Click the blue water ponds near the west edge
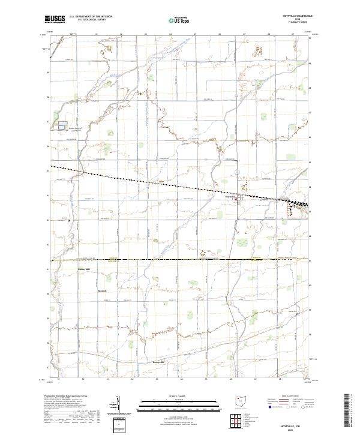[63, 126]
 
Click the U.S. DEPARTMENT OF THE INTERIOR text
[91, 16]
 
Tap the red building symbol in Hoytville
[238, 198]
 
